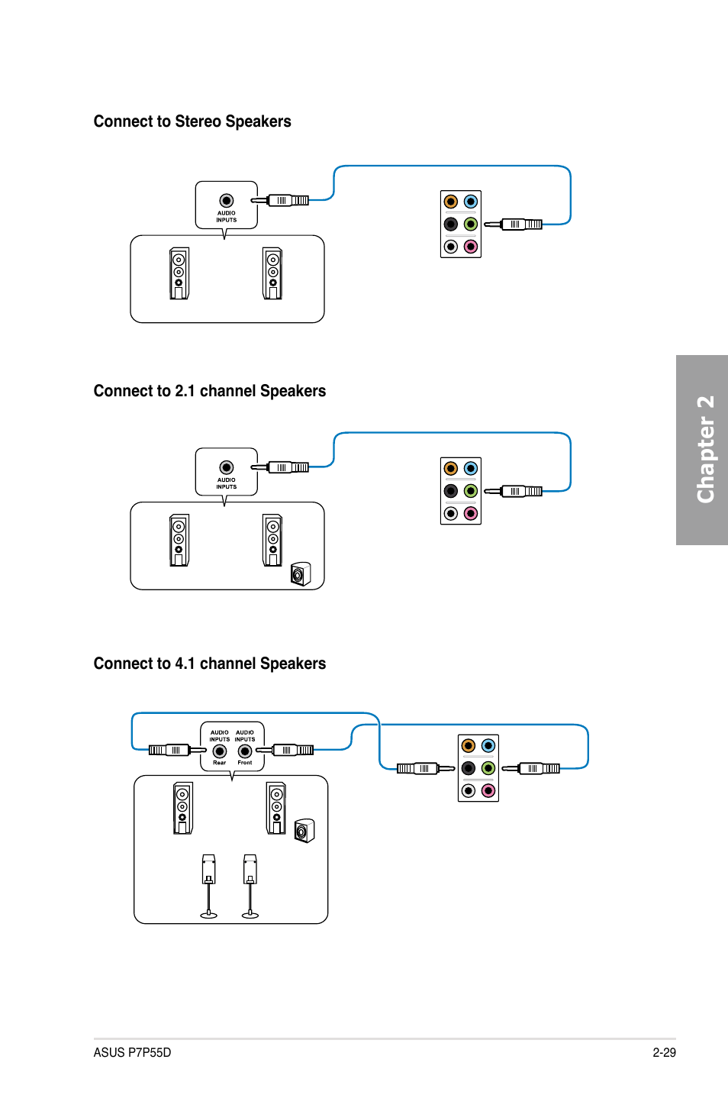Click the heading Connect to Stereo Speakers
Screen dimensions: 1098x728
click(x=192, y=121)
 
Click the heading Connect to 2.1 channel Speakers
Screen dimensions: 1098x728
click(x=210, y=391)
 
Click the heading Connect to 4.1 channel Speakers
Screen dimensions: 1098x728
click(x=210, y=664)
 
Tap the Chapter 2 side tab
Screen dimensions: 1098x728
click(x=703, y=450)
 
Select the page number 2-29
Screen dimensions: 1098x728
click(x=664, y=1052)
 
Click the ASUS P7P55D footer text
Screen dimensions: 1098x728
click(x=132, y=1052)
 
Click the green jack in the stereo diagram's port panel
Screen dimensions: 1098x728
click(x=471, y=224)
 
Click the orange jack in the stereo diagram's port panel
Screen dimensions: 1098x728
click(x=451, y=202)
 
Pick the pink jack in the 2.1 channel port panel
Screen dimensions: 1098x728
click(x=471, y=513)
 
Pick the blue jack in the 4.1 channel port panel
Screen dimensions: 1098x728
click(x=488, y=745)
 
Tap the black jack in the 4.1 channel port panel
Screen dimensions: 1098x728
click(x=469, y=768)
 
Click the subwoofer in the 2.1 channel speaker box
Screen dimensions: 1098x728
click(x=301, y=573)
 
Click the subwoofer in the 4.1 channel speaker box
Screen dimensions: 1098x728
click(x=304, y=830)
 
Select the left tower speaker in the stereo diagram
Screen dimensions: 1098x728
click(x=179, y=273)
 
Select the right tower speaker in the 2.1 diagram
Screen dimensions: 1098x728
click(x=272, y=540)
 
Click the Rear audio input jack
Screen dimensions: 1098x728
click(x=220, y=751)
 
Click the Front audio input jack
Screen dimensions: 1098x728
click(x=245, y=751)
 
